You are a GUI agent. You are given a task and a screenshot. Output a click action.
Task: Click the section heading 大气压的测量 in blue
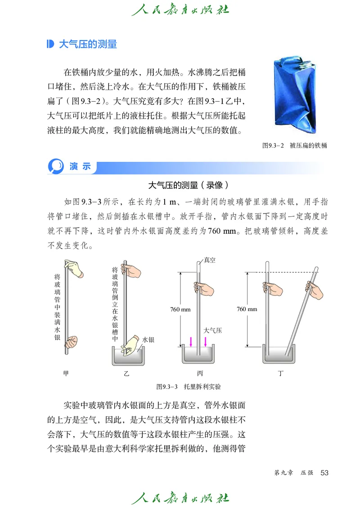[x=88, y=44]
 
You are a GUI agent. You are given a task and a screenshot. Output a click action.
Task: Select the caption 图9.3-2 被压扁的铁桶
[x=294, y=145]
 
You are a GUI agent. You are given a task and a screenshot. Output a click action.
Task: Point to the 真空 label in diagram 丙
[x=209, y=260]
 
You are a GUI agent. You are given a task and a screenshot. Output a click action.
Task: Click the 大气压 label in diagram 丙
[x=212, y=330]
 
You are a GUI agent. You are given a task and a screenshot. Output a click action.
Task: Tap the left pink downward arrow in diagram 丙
[x=191, y=341]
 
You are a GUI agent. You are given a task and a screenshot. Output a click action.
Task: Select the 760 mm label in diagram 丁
[x=247, y=309]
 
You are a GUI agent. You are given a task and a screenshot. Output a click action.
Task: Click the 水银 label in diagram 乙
[x=148, y=340]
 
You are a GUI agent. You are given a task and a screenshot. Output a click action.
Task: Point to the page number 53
[x=324, y=472]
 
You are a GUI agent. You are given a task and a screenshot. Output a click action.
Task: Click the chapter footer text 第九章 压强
[x=293, y=473]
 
